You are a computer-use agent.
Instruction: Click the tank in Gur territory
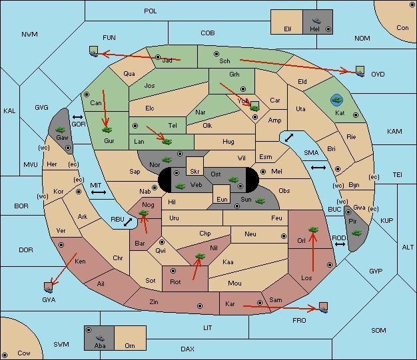click(x=107, y=130)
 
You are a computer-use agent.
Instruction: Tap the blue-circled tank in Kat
click(x=336, y=100)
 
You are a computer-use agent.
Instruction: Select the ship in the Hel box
click(x=316, y=21)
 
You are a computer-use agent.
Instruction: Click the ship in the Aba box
click(x=100, y=337)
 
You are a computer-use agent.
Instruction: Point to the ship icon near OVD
click(x=360, y=71)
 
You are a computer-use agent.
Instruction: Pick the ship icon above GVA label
click(x=49, y=287)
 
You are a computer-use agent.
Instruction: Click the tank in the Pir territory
click(x=356, y=233)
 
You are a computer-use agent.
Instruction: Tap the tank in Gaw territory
click(x=61, y=130)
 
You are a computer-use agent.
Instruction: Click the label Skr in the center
click(x=195, y=172)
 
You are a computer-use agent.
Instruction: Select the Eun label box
click(x=222, y=194)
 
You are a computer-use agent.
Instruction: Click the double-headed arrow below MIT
click(x=99, y=192)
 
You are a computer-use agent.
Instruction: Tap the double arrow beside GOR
click(x=77, y=117)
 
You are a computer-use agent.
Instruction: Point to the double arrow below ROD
click(x=340, y=244)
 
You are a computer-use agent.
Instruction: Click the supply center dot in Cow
click(x=5, y=355)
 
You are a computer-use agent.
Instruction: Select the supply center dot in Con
click(x=412, y=5)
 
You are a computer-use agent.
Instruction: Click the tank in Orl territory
click(x=313, y=230)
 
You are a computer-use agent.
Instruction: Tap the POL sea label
click(x=151, y=11)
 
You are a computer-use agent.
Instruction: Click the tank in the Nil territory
click(x=200, y=256)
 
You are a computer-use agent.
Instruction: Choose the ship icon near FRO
click(x=323, y=307)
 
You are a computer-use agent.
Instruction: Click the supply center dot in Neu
click(x=284, y=236)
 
